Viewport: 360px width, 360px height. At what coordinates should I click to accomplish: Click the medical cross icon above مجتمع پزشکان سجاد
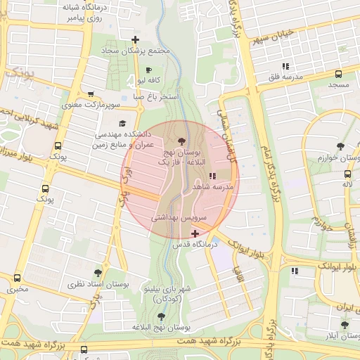135,39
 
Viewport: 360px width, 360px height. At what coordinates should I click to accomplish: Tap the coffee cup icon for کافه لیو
148,70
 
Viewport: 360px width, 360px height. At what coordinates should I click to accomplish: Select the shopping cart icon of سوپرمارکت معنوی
91,94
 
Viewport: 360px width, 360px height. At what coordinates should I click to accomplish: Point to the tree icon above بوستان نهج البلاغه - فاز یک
182,142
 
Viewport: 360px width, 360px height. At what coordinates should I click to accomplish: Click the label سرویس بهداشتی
179,219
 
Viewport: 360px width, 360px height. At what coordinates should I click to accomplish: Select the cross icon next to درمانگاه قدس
195,233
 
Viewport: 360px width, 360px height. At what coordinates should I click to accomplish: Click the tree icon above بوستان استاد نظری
98,273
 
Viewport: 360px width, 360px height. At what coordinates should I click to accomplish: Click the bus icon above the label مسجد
338,74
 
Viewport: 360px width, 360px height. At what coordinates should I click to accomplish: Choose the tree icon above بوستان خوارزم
340,146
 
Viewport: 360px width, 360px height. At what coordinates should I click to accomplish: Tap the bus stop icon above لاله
347,174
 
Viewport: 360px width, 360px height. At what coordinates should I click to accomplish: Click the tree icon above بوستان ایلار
344,325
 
